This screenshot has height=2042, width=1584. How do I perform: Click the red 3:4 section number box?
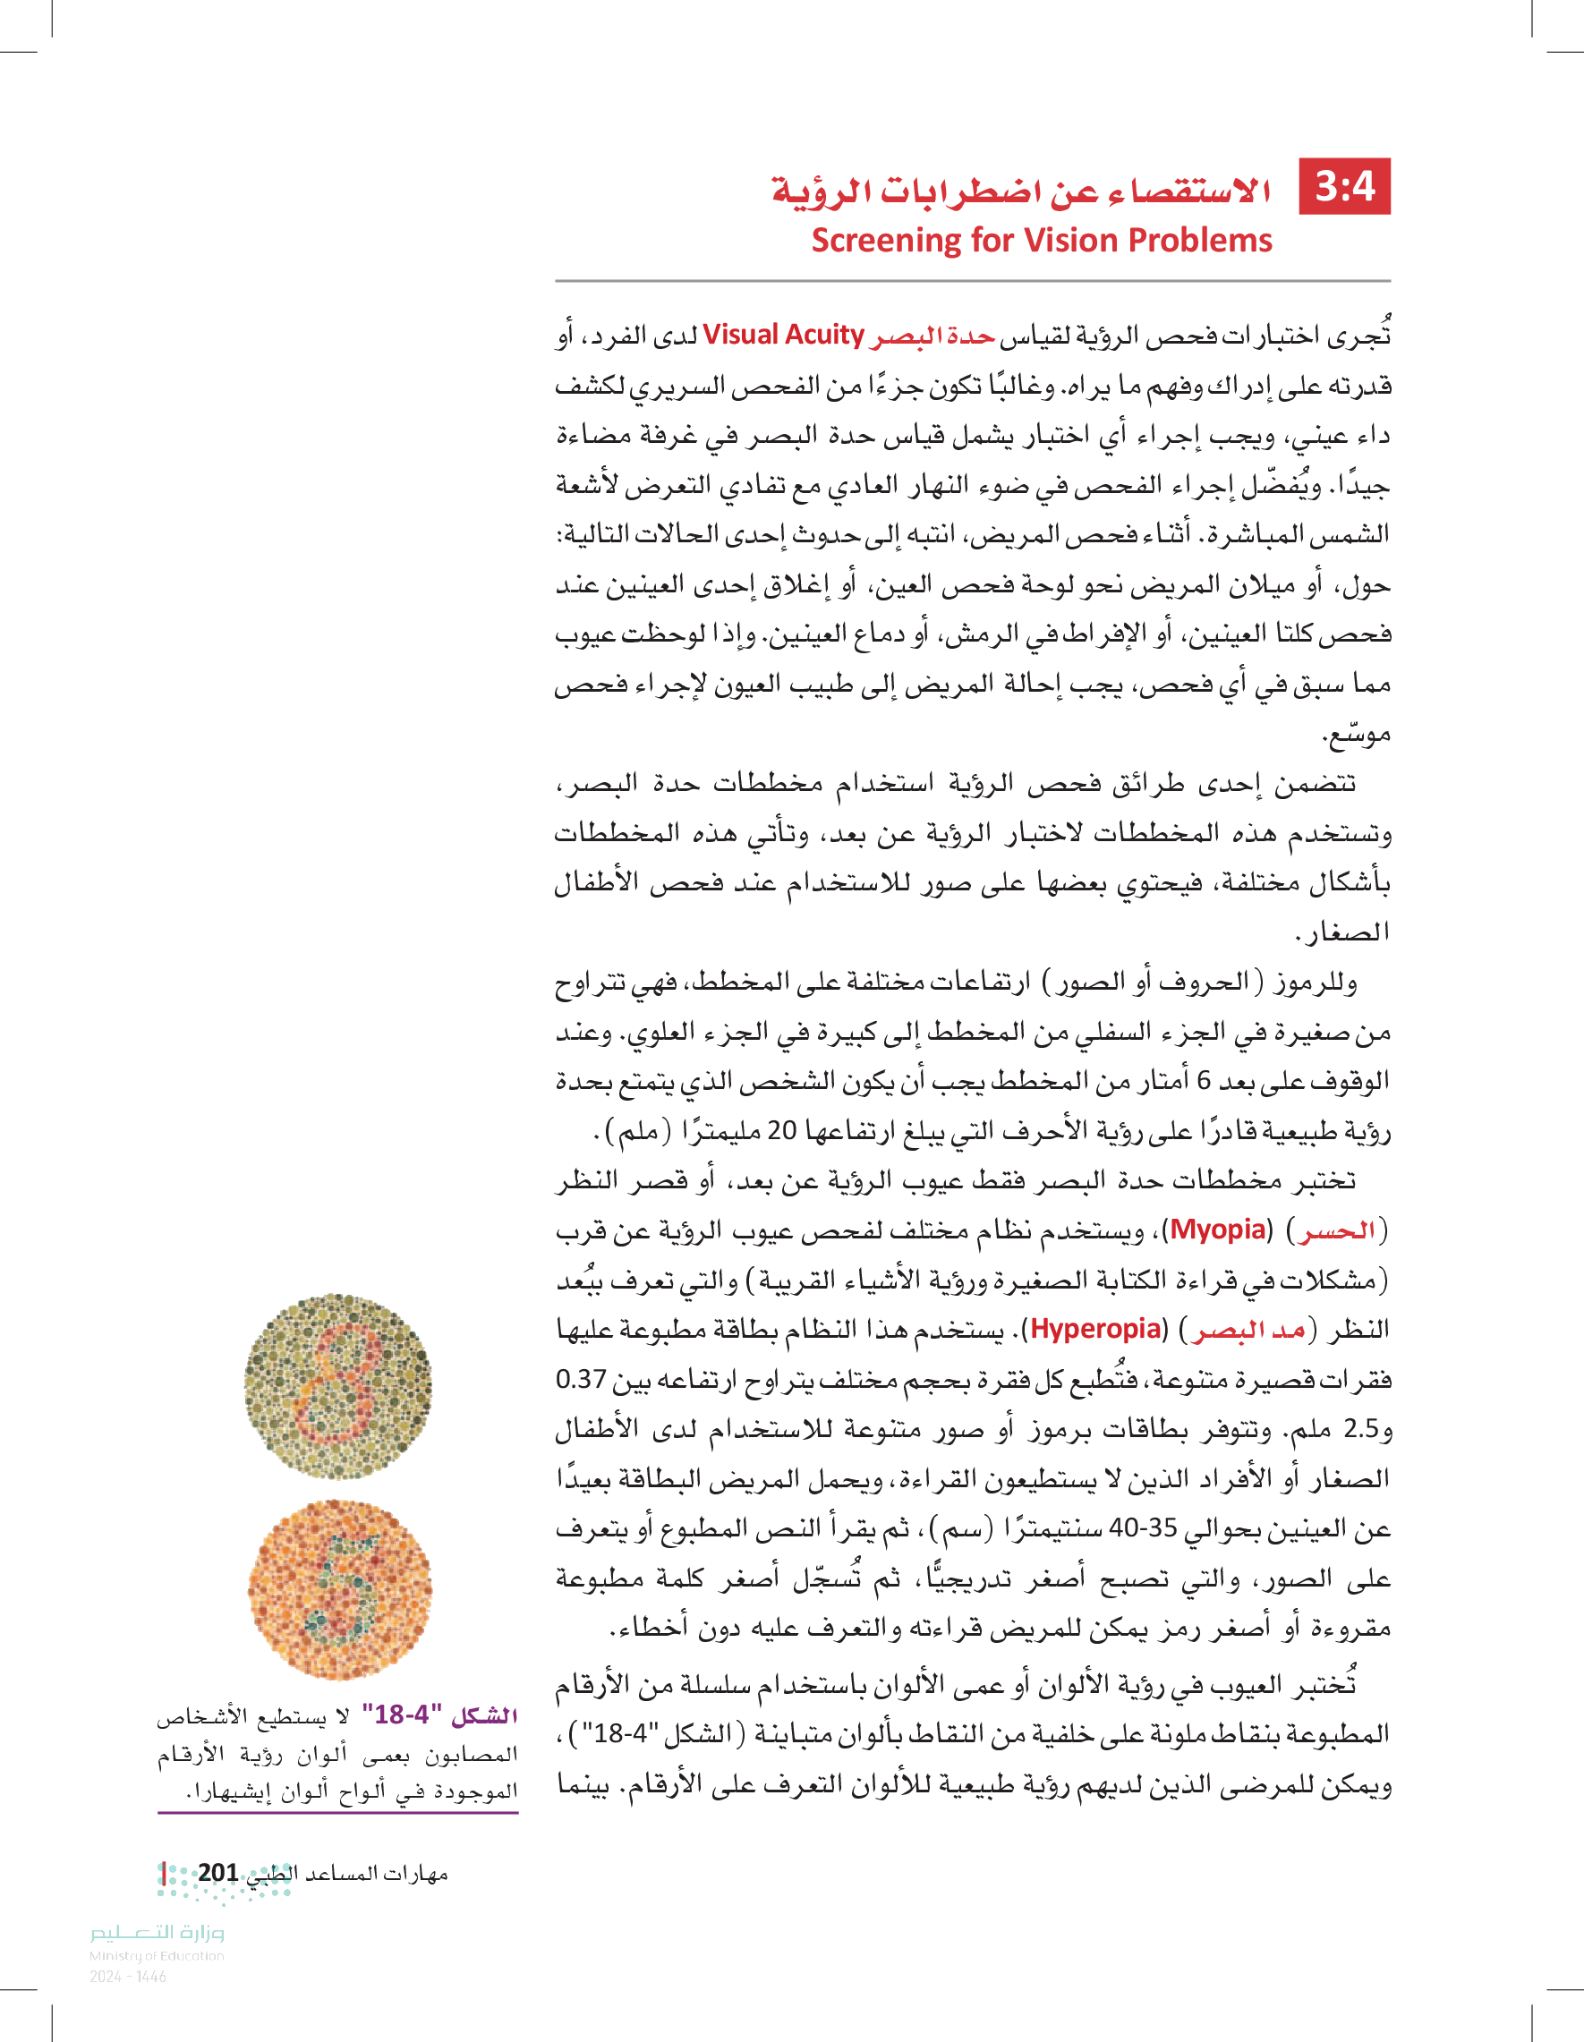(x=1343, y=187)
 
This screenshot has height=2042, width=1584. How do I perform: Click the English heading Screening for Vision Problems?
(x=1041, y=241)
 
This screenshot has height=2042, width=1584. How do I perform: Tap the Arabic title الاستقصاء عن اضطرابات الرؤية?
(x=1021, y=191)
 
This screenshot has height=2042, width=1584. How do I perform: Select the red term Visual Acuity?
(x=783, y=335)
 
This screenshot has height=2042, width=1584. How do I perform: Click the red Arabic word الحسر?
(x=1335, y=1231)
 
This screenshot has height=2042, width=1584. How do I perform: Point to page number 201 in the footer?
(x=218, y=1873)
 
